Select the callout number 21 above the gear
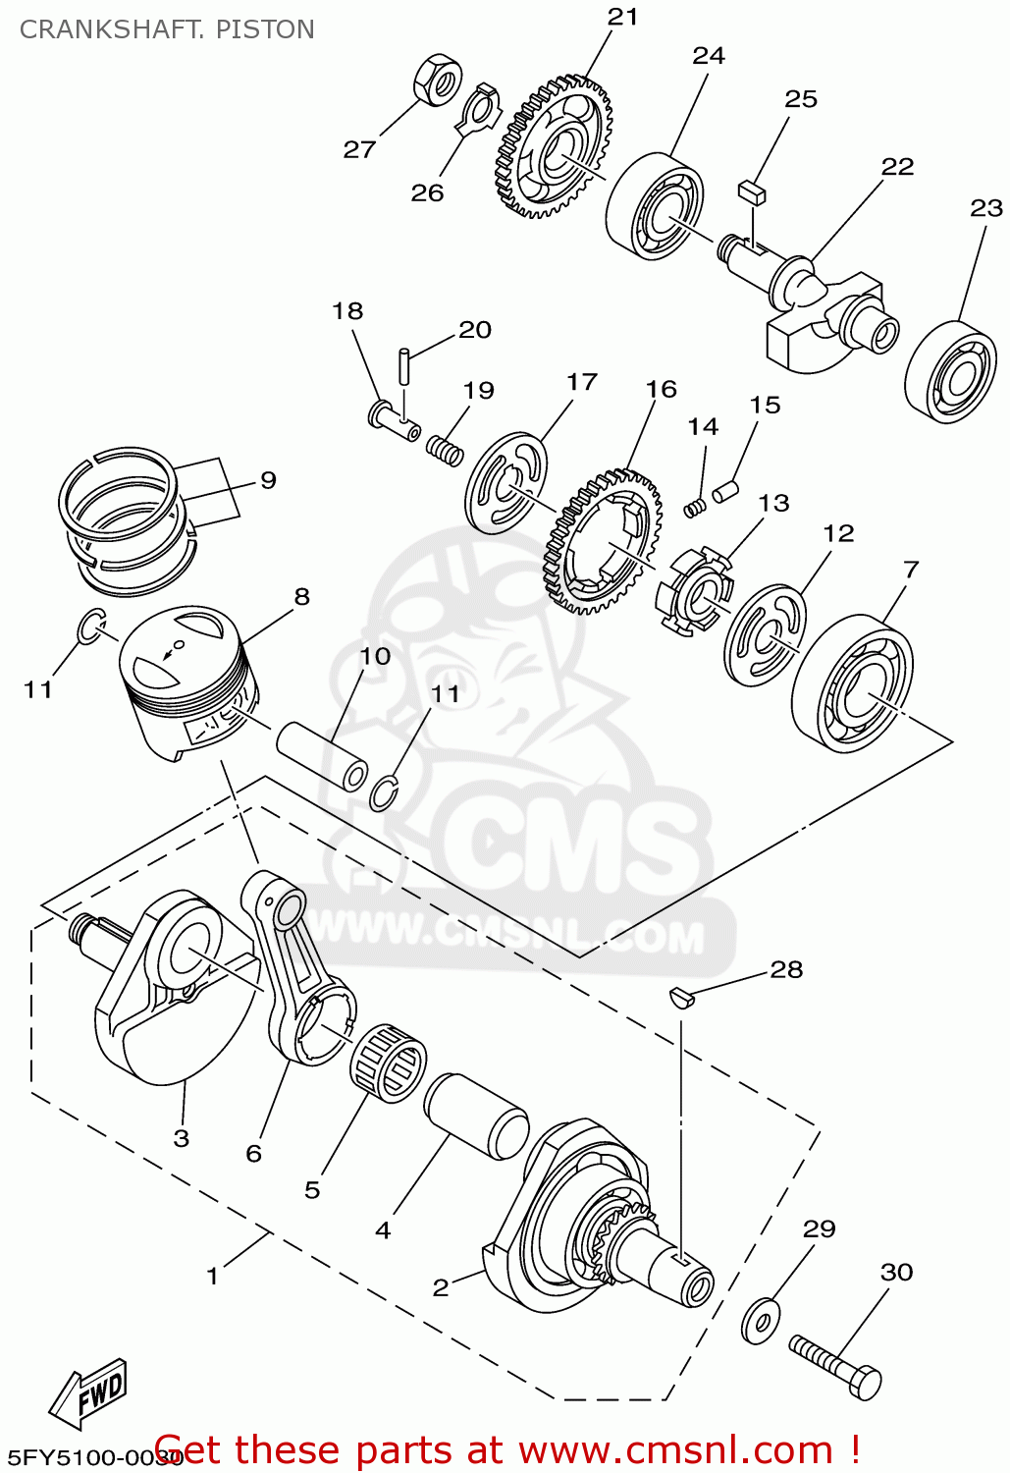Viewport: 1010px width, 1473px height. [x=622, y=17]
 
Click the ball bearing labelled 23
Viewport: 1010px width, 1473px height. [x=950, y=370]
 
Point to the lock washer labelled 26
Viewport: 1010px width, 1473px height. [x=480, y=109]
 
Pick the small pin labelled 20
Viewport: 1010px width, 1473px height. [x=404, y=367]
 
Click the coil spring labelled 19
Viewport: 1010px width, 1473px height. [x=445, y=451]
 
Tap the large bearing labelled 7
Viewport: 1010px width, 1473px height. [x=853, y=683]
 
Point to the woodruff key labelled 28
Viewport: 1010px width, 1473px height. [x=681, y=998]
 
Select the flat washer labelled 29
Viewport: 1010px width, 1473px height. [x=760, y=1321]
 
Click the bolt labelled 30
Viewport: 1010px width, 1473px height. [x=836, y=1366]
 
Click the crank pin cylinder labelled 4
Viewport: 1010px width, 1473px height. [x=476, y=1115]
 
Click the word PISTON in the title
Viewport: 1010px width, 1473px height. [x=265, y=29]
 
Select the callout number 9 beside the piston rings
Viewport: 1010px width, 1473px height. [x=268, y=480]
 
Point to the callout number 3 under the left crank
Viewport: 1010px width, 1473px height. [x=181, y=1138]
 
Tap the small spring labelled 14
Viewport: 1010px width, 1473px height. [x=695, y=507]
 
